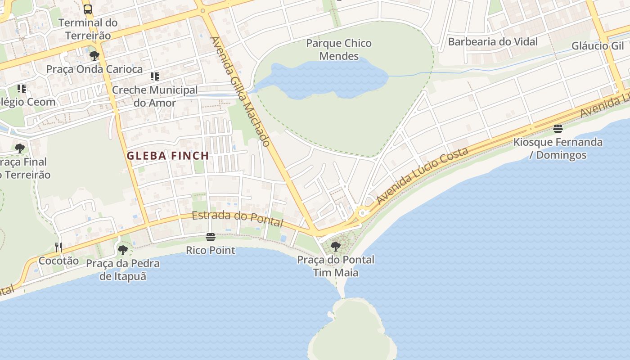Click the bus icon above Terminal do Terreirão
tap(88, 9)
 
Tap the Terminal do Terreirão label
tap(88, 29)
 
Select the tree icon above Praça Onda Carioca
tap(94, 56)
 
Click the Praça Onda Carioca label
tap(94, 69)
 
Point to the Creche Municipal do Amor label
tap(154, 96)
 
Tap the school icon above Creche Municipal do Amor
tap(155, 76)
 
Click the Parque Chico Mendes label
tap(339, 49)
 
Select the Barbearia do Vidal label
tap(493, 42)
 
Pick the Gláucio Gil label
tap(598, 46)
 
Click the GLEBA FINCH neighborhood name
tap(168, 156)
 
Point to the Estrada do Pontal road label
tap(238, 219)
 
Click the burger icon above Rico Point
tap(211, 237)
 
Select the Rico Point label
tap(211, 250)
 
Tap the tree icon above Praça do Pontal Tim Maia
tap(335, 246)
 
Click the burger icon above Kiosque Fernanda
tap(558, 129)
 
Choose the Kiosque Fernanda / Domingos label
tap(558, 148)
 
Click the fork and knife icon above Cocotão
tap(58, 247)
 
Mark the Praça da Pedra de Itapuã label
tap(123, 270)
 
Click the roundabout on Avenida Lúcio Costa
tap(361, 212)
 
